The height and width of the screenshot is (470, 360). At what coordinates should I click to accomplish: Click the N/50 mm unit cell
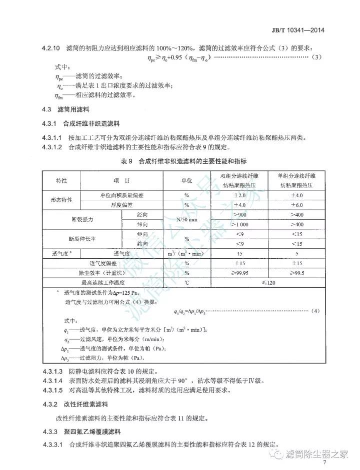tap(186, 219)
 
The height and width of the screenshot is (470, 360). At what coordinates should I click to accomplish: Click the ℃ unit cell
tap(186, 283)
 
